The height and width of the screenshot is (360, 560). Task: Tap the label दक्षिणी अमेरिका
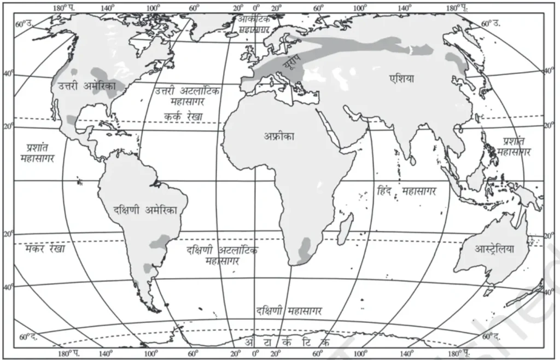[x=145, y=209]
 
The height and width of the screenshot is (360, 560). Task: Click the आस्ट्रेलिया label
[x=495, y=248]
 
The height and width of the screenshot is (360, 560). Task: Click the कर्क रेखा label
[x=183, y=116]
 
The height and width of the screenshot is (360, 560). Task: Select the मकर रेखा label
[x=44, y=249]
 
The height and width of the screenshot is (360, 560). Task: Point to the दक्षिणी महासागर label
[x=288, y=311]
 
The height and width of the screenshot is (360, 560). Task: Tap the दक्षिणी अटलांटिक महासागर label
[x=221, y=255]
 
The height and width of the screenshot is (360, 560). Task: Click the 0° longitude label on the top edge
[x=256, y=8]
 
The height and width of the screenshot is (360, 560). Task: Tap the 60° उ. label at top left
[x=25, y=24]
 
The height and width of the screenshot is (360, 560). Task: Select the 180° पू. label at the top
[x=455, y=8]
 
